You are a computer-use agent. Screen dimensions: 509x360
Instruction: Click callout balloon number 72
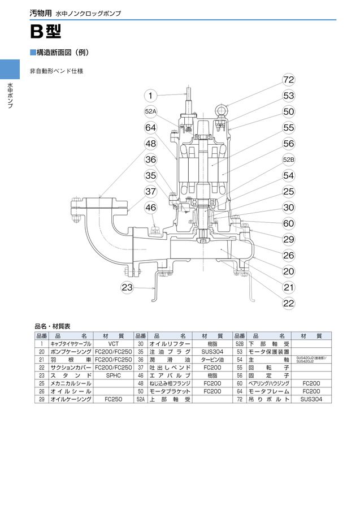click(289, 80)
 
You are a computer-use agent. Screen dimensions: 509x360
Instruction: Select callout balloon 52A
click(151, 112)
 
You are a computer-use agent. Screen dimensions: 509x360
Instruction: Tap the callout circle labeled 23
click(128, 287)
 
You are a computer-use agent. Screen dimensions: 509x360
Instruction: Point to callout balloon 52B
click(289, 159)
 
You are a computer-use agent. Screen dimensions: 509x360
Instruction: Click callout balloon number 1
click(151, 96)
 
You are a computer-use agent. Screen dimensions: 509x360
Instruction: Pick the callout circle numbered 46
click(151, 208)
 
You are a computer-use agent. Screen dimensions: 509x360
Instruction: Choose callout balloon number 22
click(289, 304)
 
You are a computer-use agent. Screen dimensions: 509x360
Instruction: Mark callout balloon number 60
click(289, 223)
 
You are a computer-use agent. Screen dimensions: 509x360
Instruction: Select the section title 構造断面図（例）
click(62, 53)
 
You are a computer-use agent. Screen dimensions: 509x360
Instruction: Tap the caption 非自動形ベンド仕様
click(57, 72)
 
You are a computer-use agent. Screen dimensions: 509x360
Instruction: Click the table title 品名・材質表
click(53, 326)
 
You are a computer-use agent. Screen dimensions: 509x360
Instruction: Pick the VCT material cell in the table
click(114, 343)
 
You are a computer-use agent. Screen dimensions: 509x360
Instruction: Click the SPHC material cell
click(114, 375)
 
